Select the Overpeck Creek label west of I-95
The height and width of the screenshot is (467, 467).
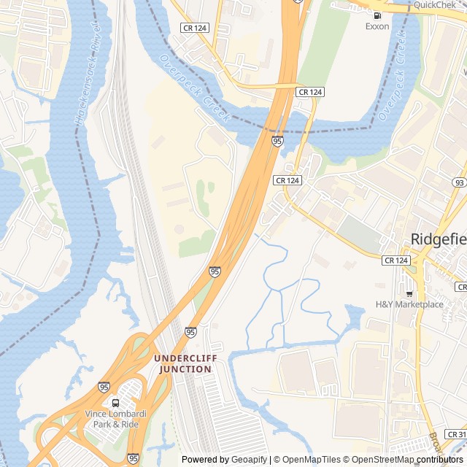pyautogui.click(x=195, y=89)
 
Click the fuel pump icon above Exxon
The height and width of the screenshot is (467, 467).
pyautogui.click(x=377, y=15)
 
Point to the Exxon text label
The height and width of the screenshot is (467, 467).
pyautogui.click(x=377, y=26)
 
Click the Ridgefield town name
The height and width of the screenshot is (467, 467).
pyautogui.click(x=439, y=239)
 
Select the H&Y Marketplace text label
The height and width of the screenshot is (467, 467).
pyautogui.click(x=409, y=304)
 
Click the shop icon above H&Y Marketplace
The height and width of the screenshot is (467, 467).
pyautogui.click(x=409, y=293)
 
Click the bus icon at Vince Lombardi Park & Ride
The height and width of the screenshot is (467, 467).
pyautogui.click(x=115, y=403)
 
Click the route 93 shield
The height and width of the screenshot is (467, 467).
pyautogui.click(x=458, y=182)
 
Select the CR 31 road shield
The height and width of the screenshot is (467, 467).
pyautogui.click(x=457, y=434)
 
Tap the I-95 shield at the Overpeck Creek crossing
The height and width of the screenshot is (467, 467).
pyautogui.click(x=277, y=140)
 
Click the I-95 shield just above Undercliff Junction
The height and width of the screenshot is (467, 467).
pyautogui.click(x=190, y=332)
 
